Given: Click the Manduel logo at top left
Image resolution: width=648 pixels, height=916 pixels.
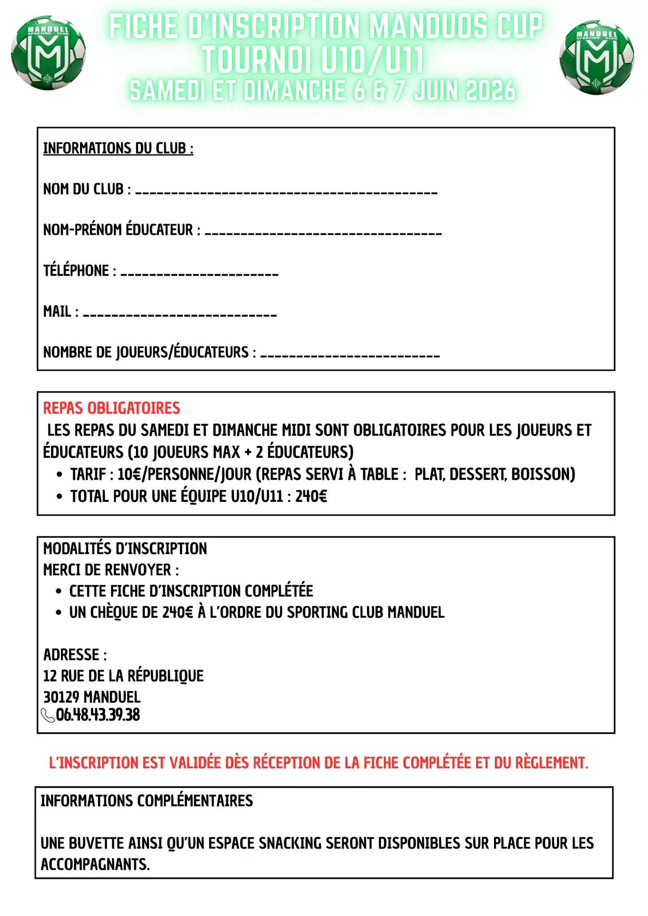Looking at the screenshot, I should pyautogui.click(x=48, y=53).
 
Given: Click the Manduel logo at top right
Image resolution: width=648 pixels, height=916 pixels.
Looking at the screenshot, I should pyautogui.click(x=597, y=57).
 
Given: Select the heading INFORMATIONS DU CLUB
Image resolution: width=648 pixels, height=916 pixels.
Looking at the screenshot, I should pyautogui.click(x=118, y=148).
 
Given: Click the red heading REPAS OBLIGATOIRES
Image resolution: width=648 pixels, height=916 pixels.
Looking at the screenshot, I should pyautogui.click(x=111, y=408).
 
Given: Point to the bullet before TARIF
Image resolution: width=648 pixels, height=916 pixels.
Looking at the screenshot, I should pyautogui.click(x=60, y=474).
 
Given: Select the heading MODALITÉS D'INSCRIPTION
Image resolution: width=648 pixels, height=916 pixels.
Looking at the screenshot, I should pyautogui.click(x=125, y=548).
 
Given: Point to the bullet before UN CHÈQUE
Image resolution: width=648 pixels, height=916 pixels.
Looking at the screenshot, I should pyautogui.click(x=59, y=612).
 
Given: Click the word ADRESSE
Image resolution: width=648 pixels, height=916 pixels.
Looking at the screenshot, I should pyautogui.click(x=72, y=655).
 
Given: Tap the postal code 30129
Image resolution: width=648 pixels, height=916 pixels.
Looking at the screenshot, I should pyautogui.click(x=61, y=697).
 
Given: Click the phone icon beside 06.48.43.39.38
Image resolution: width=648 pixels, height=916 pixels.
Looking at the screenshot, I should pyautogui.click(x=47, y=715).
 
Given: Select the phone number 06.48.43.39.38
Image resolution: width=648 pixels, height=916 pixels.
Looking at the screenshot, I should pyautogui.click(x=98, y=715).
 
